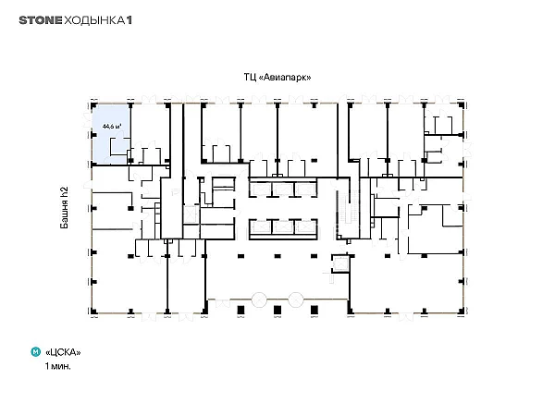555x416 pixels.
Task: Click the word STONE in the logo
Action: (x=41, y=20)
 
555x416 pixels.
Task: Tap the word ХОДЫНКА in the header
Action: (x=94, y=20)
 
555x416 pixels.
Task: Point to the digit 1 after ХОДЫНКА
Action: (x=129, y=20)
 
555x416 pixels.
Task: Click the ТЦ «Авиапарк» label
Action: (x=277, y=77)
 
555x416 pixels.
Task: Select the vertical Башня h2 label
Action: (x=64, y=208)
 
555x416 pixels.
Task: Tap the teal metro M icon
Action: (x=36, y=352)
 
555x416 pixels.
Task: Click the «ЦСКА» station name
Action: (x=63, y=352)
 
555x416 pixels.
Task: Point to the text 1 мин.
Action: (x=57, y=366)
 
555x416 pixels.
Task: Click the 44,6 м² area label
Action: (x=112, y=126)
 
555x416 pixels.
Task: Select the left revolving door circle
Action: (x=259, y=300)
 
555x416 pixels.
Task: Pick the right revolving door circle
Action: (x=296, y=300)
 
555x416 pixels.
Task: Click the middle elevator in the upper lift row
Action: (x=282, y=190)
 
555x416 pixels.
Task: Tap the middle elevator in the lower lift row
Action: (x=282, y=227)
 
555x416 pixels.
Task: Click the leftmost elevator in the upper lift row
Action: (x=261, y=190)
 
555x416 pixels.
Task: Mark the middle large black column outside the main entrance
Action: (x=277, y=311)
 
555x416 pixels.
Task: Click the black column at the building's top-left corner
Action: (x=93, y=105)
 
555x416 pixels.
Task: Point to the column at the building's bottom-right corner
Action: (x=461, y=311)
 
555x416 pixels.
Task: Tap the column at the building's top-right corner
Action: (x=461, y=105)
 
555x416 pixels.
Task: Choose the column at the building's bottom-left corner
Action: (x=93, y=312)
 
